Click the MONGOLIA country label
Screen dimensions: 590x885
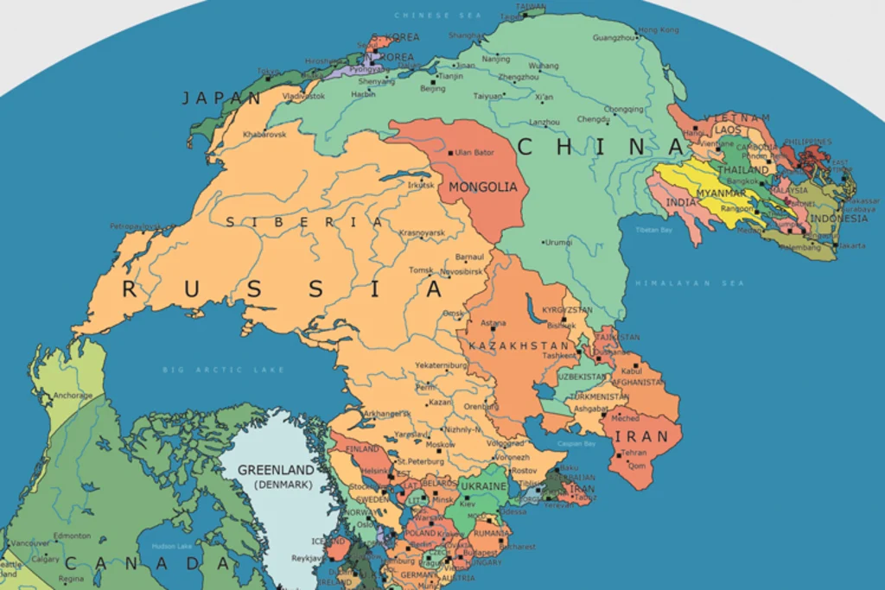pos(483,187)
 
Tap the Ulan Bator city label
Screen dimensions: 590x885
pos(474,153)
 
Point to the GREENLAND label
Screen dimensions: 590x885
pos(276,471)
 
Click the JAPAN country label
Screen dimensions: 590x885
pos(221,98)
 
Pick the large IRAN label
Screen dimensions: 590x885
pos(641,436)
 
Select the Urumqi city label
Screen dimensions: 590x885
pos(558,242)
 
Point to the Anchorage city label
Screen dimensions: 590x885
pos(73,396)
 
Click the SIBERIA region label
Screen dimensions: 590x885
pos(304,222)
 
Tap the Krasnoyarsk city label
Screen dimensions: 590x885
pos(422,233)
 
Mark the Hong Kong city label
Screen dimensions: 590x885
pos(659,30)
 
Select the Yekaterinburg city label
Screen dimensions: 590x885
pos(441,365)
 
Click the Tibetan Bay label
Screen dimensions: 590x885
pos(654,230)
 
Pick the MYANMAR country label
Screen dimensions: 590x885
pos(721,193)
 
